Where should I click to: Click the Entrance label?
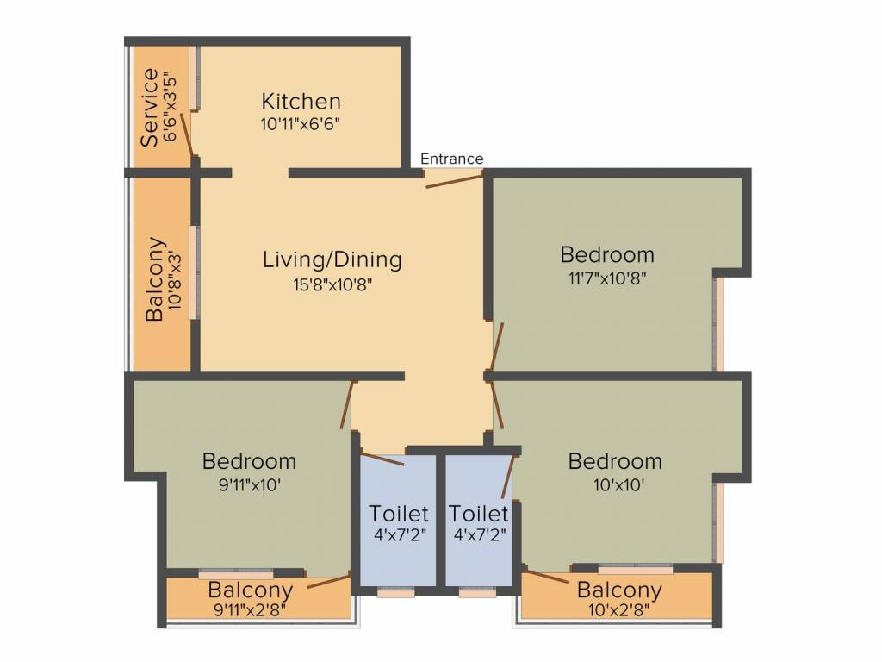(451, 159)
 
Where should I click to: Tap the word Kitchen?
(301, 102)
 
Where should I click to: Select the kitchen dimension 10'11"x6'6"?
(301, 124)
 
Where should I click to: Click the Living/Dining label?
(332, 259)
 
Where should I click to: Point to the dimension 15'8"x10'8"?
(332, 284)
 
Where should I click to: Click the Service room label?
(149, 108)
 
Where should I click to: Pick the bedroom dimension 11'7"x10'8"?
(607, 278)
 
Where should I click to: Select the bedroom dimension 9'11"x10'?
(249, 484)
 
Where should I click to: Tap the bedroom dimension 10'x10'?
(618, 484)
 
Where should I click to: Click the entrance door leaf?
(454, 181)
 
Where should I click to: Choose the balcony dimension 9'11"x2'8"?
(251, 610)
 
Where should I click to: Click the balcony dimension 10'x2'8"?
(618, 610)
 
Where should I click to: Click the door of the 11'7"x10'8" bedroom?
(496, 347)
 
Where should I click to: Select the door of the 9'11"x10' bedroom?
(347, 404)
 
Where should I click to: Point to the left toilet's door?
(382, 459)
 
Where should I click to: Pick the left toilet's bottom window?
(396, 593)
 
